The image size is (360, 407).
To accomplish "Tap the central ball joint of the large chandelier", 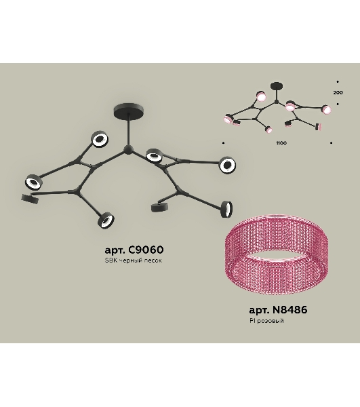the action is [x=128, y=149].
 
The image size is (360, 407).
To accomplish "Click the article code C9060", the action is [x=146, y=250].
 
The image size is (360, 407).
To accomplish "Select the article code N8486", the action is [x=290, y=310].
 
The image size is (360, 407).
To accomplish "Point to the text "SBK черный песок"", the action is [x=134, y=260].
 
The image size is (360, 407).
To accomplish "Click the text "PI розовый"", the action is [x=266, y=321].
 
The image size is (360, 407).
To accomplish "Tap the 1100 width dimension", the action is [x=281, y=143].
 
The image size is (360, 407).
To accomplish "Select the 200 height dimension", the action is [x=338, y=92].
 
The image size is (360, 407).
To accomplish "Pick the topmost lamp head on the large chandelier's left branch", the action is [x=100, y=139].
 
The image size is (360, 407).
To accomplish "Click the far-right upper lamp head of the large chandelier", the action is [x=228, y=165].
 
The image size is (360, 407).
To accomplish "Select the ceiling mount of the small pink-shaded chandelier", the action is [x=277, y=86].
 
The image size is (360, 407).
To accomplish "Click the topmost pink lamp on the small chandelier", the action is [x=261, y=96].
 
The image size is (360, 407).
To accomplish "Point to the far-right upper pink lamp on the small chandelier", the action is [x=326, y=109].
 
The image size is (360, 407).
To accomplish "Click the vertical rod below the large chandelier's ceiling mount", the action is [x=128, y=132].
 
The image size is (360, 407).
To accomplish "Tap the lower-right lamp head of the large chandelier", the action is [x=226, y=209].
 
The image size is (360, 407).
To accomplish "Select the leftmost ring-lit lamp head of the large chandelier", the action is [x=33, y=182].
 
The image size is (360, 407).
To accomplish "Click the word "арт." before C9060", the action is [x=115, y=250].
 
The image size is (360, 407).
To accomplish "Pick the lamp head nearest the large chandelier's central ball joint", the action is [x=154, y=156].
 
